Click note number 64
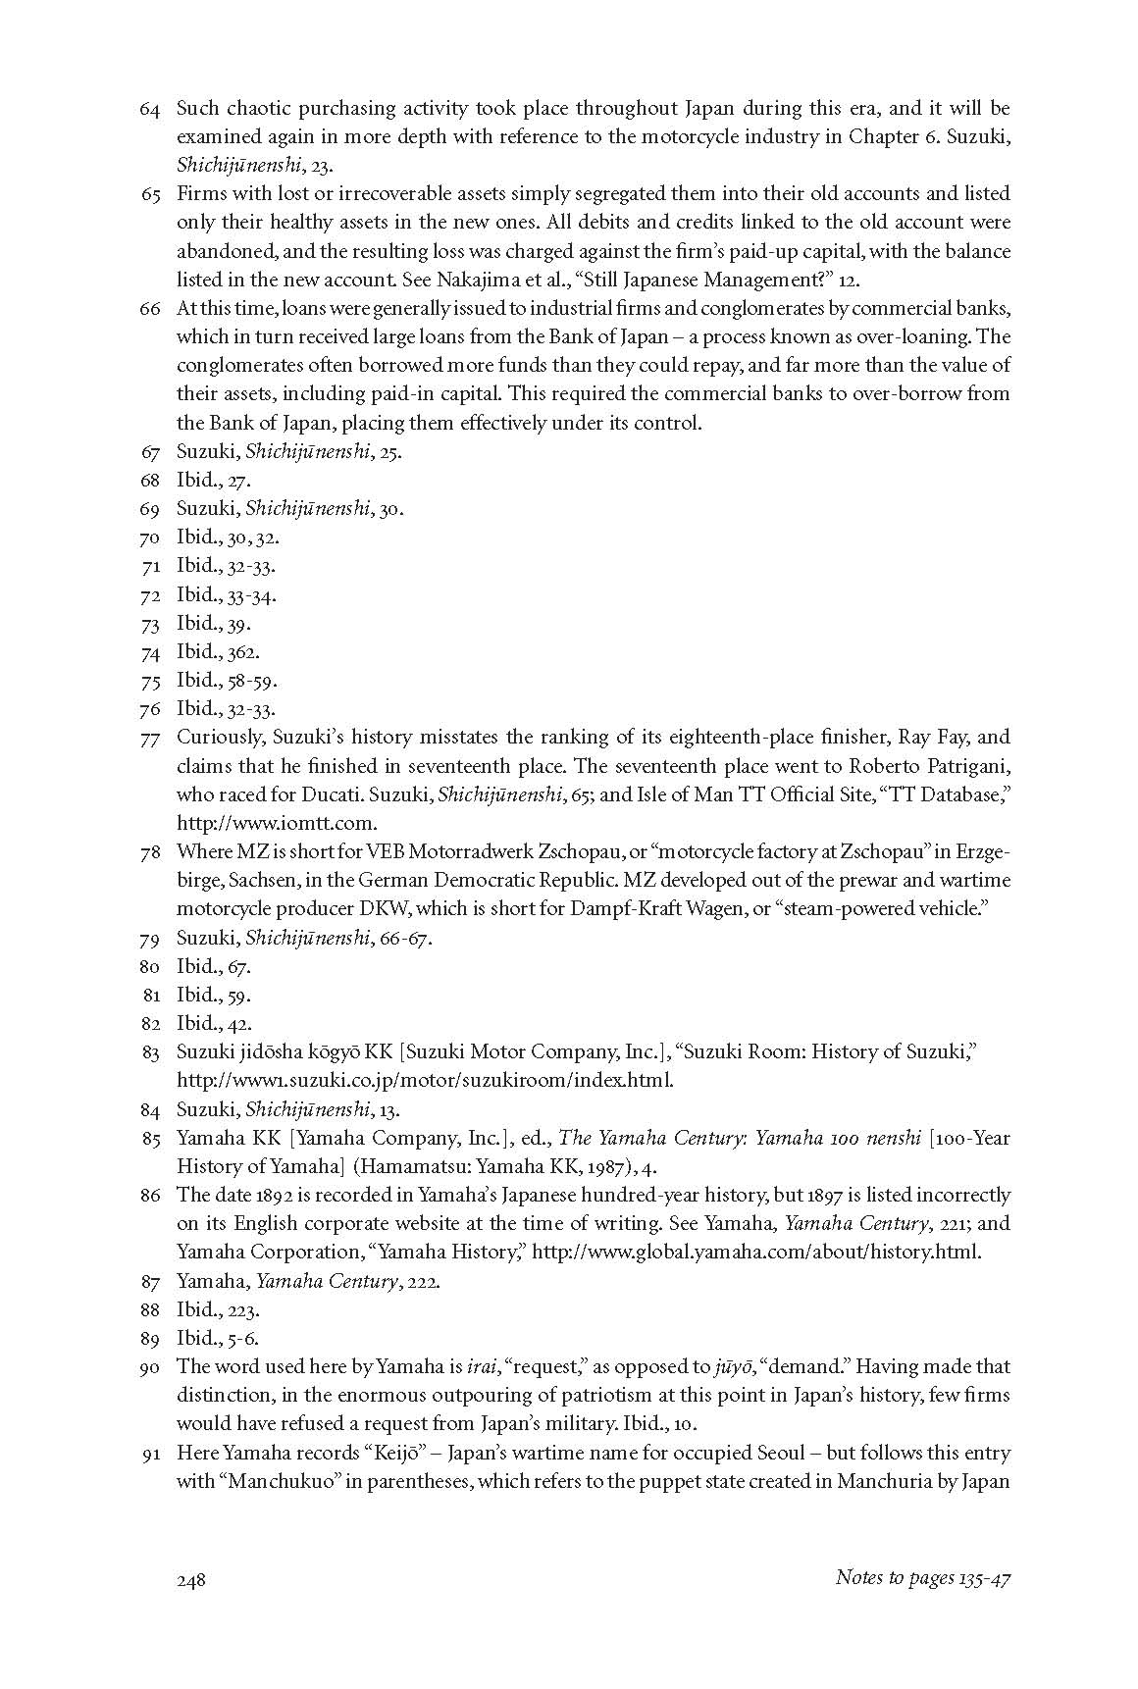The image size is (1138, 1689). pyautogui.click(x=149, y=109)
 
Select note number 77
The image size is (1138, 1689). pyautogui.click(x=149, y=738)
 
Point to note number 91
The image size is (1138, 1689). pyautogui.click(x=149, y=1454)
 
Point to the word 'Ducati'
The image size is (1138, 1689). pyautogui.click(x=313, y=794)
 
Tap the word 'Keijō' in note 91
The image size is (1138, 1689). pyautogui.click(x=397, y=1454)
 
